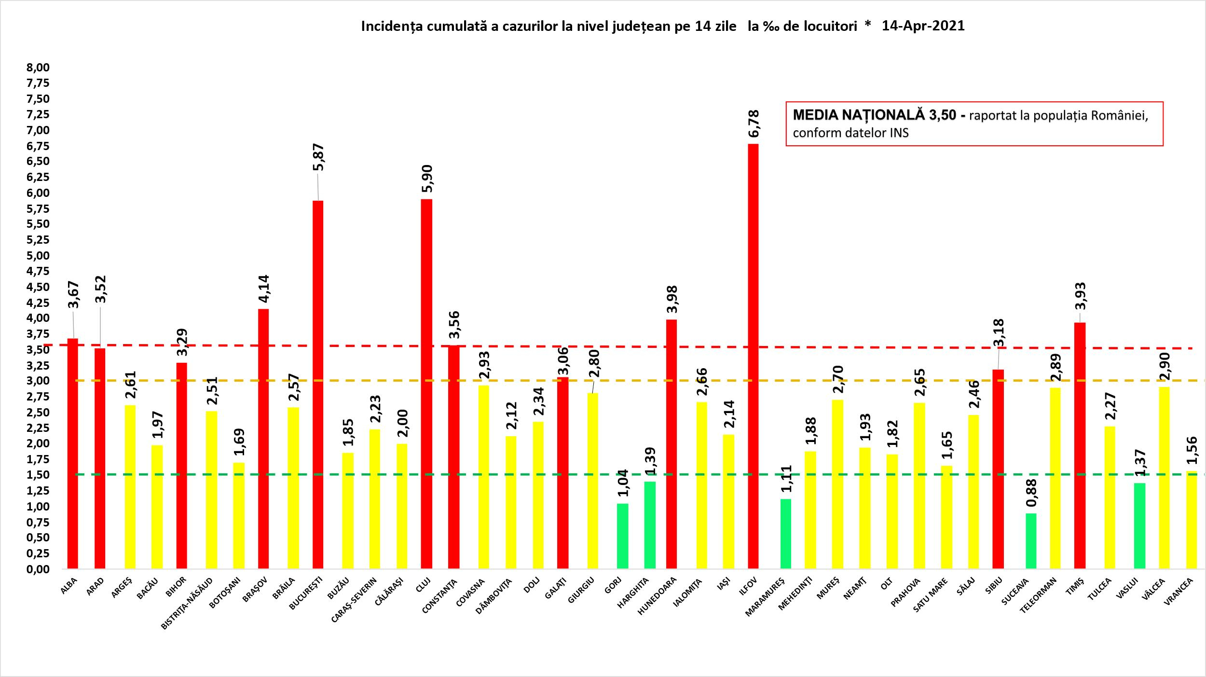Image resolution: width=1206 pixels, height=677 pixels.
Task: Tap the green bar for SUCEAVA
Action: [x=1031, y=541]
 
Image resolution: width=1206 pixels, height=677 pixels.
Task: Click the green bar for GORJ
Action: [x=623, y=536]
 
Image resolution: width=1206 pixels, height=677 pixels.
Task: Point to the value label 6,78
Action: [x=754, y=124]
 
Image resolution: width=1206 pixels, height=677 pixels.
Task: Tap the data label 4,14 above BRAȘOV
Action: [x=264, y=289]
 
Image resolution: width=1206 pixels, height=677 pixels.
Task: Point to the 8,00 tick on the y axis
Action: [x=39, y=68]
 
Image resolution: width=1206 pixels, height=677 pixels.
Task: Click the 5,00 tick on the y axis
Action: [x=39, y=255]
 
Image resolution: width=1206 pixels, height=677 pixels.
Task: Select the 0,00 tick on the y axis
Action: [x=39, y=569]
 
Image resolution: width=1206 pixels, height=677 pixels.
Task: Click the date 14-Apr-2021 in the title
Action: [x=923, y=26]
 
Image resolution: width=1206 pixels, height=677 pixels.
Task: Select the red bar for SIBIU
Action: [x=998, y=469]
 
